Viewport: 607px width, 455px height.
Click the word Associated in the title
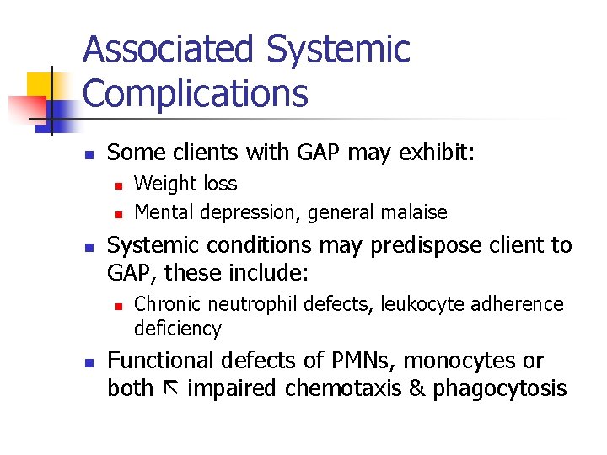pos(169,51)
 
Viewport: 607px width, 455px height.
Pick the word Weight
pos(162,184)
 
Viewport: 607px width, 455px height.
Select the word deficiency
pos(177,329)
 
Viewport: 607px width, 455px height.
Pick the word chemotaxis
pos(347,389)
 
